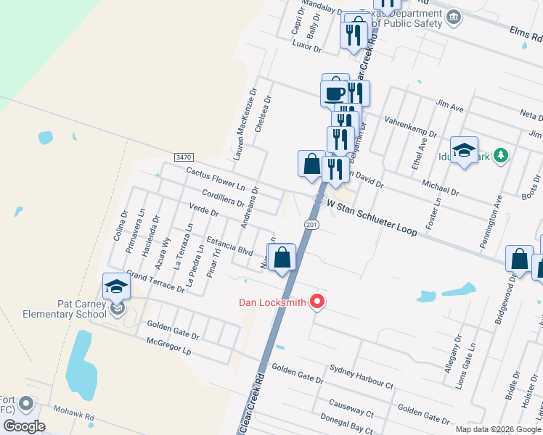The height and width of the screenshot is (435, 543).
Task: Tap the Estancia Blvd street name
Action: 229,246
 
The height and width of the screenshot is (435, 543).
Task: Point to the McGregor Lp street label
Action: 168,350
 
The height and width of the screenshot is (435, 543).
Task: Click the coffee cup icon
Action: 335,92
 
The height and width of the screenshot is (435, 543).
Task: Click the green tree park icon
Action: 499,155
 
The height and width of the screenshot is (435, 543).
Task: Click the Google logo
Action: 24,426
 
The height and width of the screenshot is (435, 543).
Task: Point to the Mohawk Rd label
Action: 78,417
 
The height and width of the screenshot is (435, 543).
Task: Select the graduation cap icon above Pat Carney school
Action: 115,286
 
